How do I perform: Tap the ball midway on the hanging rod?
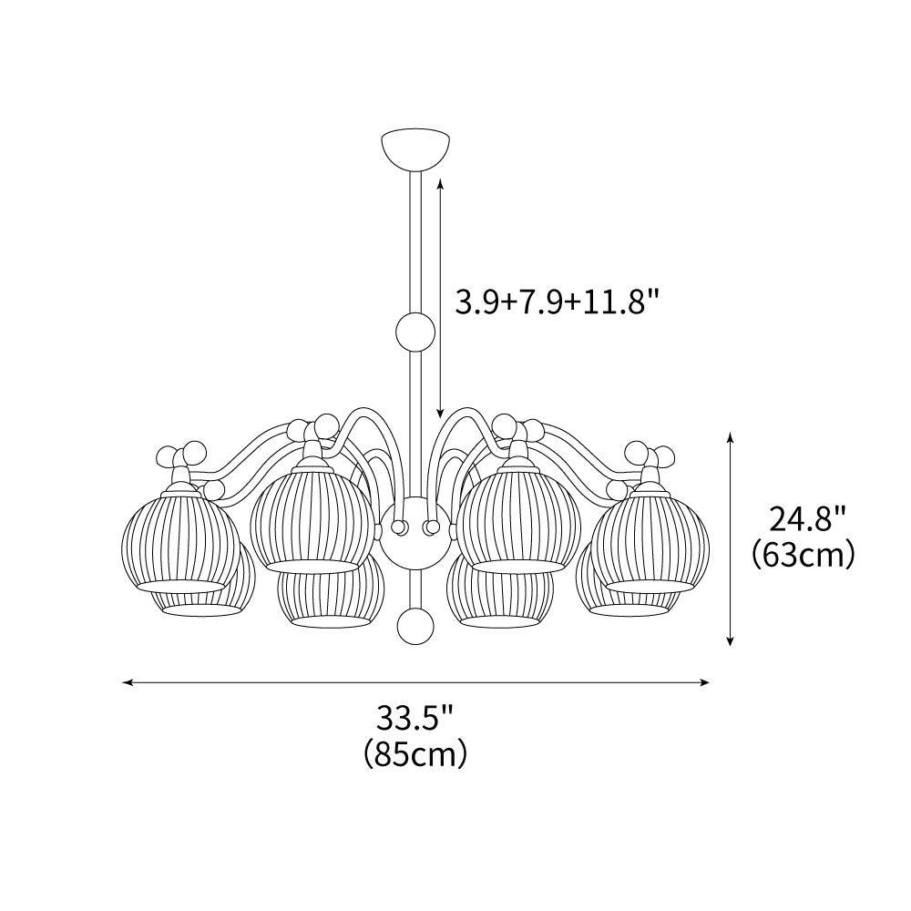[x=415, y=330]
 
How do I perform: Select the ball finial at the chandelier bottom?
[x=415, y=626]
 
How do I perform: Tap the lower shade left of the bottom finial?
[x=329, y=597]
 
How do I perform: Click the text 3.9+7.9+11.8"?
[x=557, y=302]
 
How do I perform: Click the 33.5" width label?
[x=415, y=719]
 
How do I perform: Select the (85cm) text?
[x=415, y=753]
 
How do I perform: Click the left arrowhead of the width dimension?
[x=128, y=681]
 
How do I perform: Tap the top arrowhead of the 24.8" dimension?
[x=731, y=438]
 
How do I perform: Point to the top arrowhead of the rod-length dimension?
[x=441, y=183]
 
